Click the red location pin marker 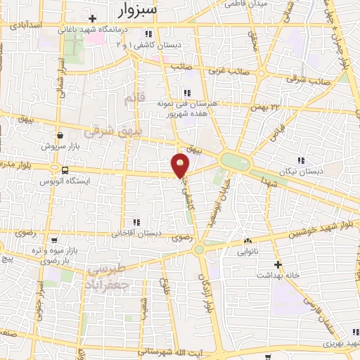coord(181,165)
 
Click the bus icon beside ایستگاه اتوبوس coord(65,170)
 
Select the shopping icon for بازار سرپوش coord(61,136)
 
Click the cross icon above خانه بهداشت coord(278,265)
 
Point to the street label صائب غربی coord(228,70)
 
